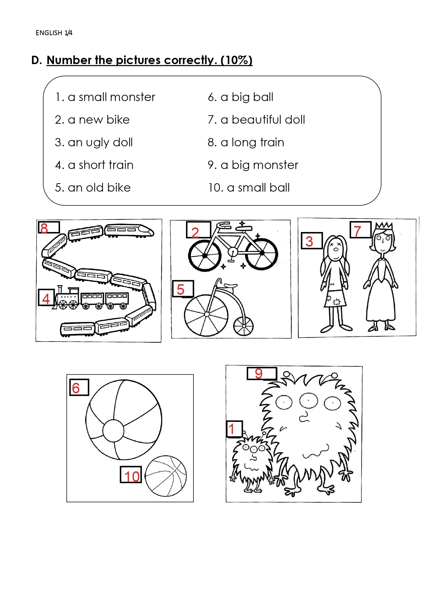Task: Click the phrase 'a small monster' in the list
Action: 111,97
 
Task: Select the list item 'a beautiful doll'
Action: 263,119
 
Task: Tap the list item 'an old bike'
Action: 99,187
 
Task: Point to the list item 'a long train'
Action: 252,142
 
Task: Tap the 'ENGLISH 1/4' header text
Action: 54,33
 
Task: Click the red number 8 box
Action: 49,227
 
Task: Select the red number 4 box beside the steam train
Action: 46,297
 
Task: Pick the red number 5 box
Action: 183,289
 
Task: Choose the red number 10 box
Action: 131,475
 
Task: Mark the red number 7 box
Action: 360,230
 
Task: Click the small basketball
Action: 166,476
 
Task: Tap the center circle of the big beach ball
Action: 113,431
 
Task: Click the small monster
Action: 252,462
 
